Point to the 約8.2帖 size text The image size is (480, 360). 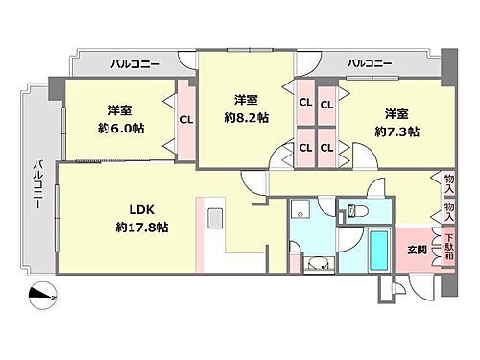click(245, 117)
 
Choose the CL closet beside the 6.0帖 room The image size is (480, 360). click(185, 120)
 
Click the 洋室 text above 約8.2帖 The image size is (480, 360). click(245, 99)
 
